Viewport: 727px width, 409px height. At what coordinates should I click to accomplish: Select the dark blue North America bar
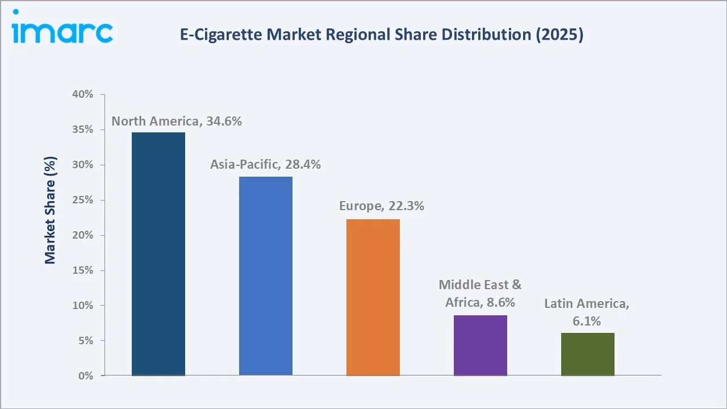[x=158, y=254]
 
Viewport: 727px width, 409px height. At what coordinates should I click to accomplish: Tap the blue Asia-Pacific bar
[x=266, y=276]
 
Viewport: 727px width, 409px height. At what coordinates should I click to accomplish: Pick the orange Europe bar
[x=373, y=297]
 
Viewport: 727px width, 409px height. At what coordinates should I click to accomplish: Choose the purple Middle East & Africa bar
[x=481, y=345]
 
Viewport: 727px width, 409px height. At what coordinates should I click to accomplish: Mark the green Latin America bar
[x=587, y=354]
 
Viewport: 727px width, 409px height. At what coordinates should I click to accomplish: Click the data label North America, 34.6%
[x=177, y=121]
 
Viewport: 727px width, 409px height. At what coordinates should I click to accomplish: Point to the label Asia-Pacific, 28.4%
[x=265, y=165]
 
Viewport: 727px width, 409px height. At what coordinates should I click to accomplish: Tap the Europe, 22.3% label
[x=382, y=206]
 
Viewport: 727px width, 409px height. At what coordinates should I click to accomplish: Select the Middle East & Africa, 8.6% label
[x=480, y=294]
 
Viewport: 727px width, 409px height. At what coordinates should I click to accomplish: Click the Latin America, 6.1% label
[x=587, y=312]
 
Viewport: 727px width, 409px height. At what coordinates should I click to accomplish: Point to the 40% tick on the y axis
[x=82, y=94]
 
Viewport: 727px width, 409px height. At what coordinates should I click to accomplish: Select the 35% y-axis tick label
[x=82, y=130]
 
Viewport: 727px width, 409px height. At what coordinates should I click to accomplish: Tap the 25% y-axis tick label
[x=82, y=200]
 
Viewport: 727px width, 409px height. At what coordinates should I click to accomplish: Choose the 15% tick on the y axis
[x=82, y=270]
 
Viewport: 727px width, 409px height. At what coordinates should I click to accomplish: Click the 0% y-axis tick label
[x=85, y=376]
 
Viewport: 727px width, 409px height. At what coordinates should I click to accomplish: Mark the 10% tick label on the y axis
[x=82, y=306]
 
